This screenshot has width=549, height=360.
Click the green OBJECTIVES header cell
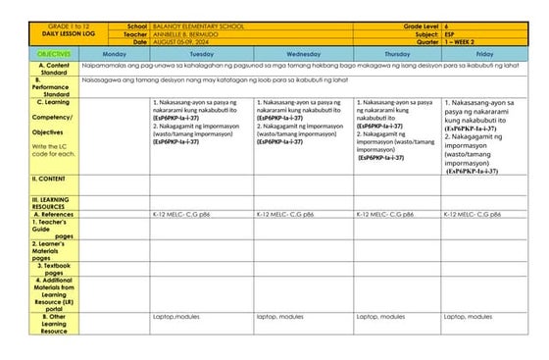tap(55, 53)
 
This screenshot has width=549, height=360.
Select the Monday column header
tap(115, 53)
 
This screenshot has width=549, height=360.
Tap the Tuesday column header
tap(201, 53)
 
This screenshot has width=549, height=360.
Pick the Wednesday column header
tap(303, 53)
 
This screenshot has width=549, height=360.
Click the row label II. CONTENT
tap(49, 179)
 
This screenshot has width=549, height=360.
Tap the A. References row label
tap(55, 213)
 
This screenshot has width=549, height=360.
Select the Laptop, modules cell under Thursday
tap(379, 317)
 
